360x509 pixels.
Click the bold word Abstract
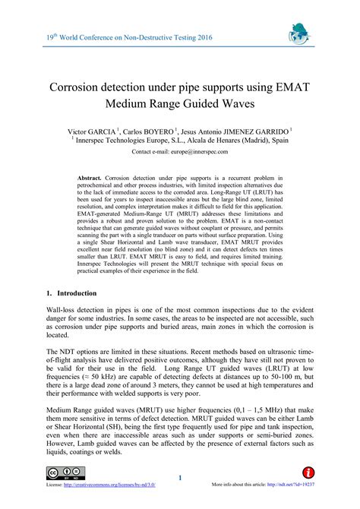click(91, 177)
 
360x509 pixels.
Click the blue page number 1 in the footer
click(180, 478)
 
